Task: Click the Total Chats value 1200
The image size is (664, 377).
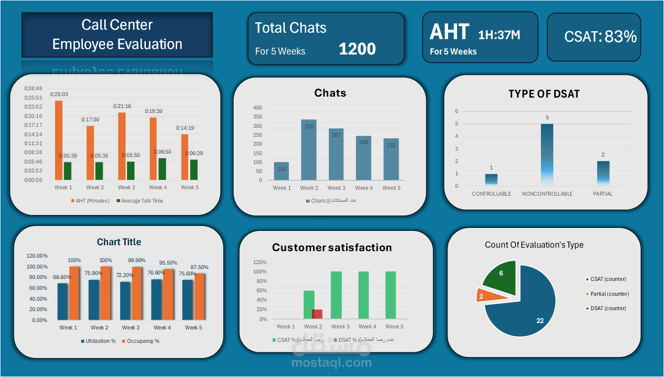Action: [x=357, y=49]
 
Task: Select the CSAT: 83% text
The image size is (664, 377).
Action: [x=600, y=36]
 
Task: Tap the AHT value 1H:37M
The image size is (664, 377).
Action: [x=499, y=35]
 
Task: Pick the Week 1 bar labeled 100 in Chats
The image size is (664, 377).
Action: [x=281, y=171]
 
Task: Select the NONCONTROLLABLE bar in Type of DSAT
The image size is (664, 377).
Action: [x=547, y=155]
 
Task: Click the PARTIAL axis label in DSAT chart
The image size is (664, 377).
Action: [x=602, y=194]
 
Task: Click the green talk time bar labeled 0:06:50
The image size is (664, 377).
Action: [x=162, y=169]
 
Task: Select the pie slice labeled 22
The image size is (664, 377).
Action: [x=521, y=307]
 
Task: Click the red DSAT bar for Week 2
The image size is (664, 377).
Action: [x=317, y=314]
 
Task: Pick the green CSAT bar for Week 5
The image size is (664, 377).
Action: [x=391, y=295]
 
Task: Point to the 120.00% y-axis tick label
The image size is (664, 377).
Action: [x=37, y=256]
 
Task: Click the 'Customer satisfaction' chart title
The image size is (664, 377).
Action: [x=332, y=248]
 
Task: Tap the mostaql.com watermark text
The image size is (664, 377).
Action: [x=332, y=363]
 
